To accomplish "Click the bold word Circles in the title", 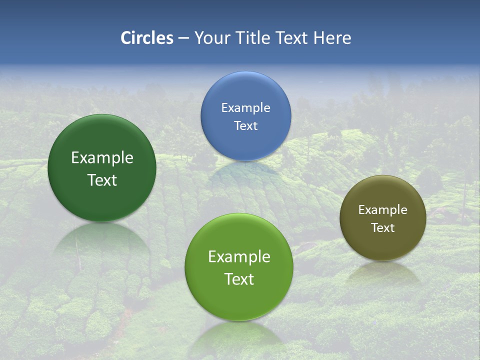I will pyautogui.click(x=147, y=38).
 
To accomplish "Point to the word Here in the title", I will pyautogui.click(x=332, y=38).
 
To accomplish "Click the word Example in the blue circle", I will pyautogui.click(x=245, y=108).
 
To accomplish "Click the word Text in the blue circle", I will pyautogui.click(x=245, y=126).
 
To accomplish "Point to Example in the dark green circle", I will pyautogui.click(x=102, y=158).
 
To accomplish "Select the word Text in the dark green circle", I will pyautogui.click(x=102, y=180).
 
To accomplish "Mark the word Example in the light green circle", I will pyautogui.click(x=239, y=257).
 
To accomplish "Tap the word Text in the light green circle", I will pyautogui.click(x=239, y=279).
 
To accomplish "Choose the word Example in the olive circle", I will pyautogui.click(x=383, y=210).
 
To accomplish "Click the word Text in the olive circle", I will pyautogui.click(x=383, y=228).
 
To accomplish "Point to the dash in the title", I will pyautogui.click(x=183, y=38).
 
